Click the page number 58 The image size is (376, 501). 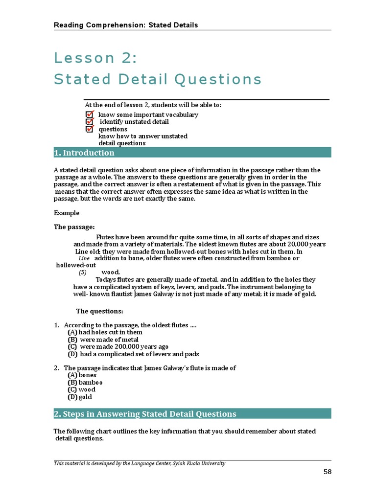point(328,472)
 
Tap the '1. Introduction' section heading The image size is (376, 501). point(84,153)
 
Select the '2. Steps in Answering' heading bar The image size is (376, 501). point(145,414)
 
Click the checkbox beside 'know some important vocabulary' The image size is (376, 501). point(89,114)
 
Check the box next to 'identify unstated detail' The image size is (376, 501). point(89,122)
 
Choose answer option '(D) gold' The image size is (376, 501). point(80,397)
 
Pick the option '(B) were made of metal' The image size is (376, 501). point(103,340)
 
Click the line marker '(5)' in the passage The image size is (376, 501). point(83,273)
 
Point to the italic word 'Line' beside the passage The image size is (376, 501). point(84,258)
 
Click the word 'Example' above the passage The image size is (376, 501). point(67,213)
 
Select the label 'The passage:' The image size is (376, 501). point(74,227)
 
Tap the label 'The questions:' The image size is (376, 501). point(100,311)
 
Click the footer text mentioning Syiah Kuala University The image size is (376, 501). point(140,463)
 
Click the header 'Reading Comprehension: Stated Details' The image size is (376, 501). point(126,25)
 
